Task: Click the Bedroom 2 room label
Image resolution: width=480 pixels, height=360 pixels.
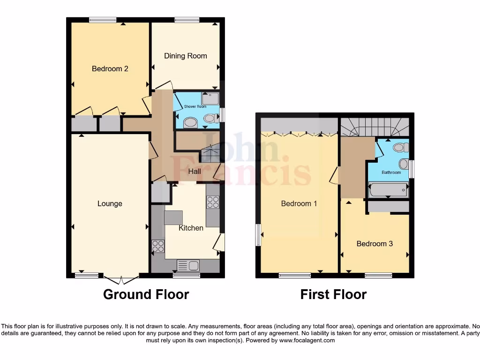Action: (x=110, y=69)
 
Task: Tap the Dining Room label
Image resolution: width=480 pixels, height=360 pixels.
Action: (x=185, y=56)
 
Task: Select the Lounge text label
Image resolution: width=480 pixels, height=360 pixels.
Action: (x=110, y=203)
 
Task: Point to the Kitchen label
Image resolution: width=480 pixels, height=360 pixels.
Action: (x=191, y=228)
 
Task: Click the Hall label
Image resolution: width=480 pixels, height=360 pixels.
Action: (x=195, y=172)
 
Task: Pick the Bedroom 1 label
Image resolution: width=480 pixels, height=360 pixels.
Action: (x=299, y=203)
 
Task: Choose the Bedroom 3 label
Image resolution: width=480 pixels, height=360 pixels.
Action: (x=375, y=244)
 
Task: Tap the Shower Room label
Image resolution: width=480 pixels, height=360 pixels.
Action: (x=195, y=106)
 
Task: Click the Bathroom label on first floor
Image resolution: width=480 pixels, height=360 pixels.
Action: (x=391, y=172)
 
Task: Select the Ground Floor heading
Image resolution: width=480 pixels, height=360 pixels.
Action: (x=146, y=294)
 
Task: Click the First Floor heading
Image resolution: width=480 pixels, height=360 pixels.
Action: (x=333, y=294)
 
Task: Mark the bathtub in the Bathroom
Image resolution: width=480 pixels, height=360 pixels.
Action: (x=389, y=190)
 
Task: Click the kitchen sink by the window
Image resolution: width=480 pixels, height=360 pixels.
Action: (x=188, y=266)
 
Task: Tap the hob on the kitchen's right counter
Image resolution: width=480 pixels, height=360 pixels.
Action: (x=213, y=202)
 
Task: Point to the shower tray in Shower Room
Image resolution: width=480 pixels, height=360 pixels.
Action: (x=210, y=99)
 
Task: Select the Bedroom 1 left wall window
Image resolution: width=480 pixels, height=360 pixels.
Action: (x=258, y=234)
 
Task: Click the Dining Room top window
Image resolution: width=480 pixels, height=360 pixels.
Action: (x=187, y=20)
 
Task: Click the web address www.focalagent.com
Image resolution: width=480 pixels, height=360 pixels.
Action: (x=307, y=340)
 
